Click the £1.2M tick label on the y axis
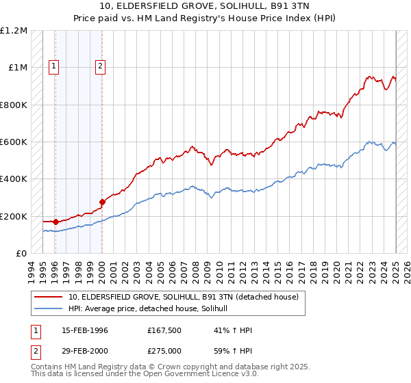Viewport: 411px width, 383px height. (14, 31)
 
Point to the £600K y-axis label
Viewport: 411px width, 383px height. (14, 142)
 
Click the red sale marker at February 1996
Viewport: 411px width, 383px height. (55, 222)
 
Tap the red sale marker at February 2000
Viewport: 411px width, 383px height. (102, 202)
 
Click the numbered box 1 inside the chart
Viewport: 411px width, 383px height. (53, 66)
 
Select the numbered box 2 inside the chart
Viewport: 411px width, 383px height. (100, 66)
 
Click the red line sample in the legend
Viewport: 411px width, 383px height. (48, 298)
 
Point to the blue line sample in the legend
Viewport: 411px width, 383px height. (48, 309)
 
